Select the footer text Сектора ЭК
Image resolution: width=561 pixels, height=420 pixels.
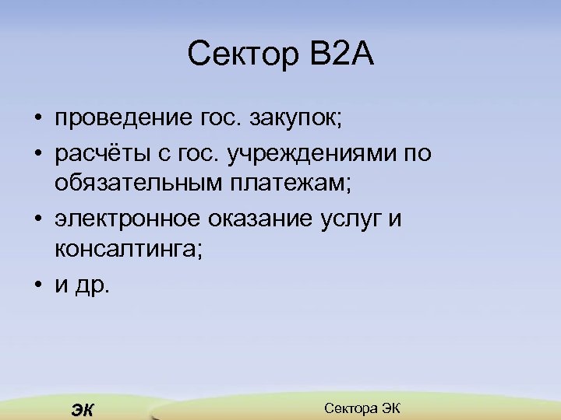tap(362, 408)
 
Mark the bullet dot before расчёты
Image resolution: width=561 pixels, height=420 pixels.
tap(37, 155)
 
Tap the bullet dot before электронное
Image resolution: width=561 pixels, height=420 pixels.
tap(37, 220)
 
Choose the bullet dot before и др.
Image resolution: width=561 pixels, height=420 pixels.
tap(37, 285)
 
